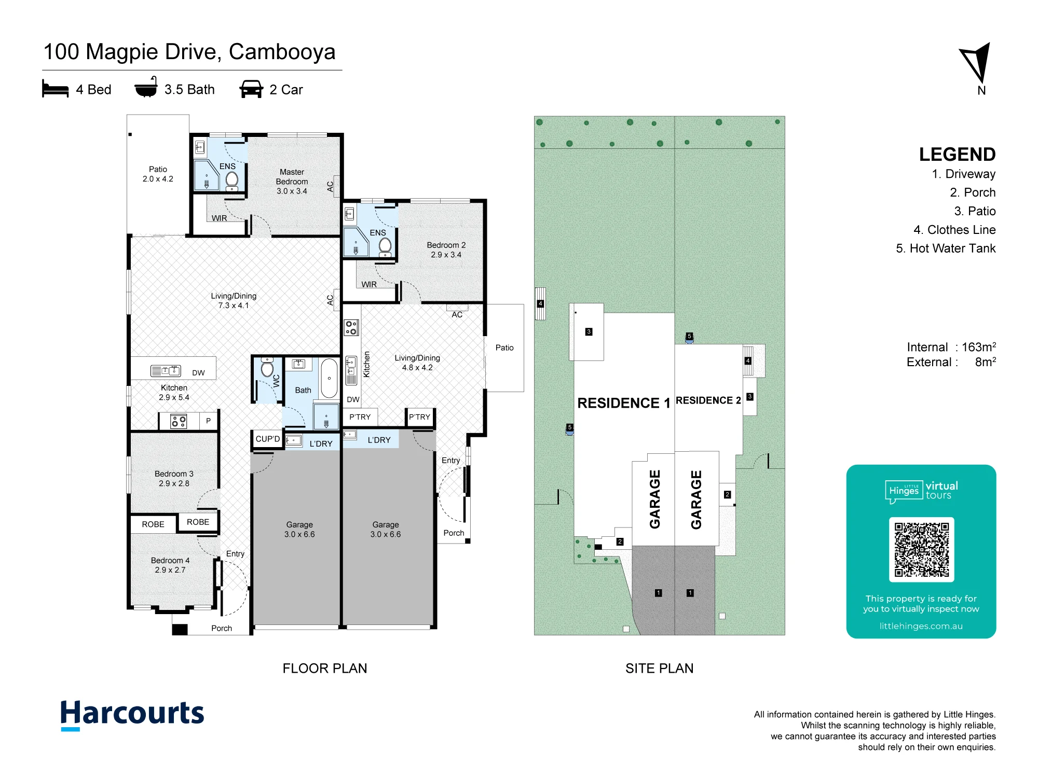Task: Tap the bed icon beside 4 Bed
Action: tap(55, 89)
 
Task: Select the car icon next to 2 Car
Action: tap(251, 89)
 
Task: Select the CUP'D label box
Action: tap(268, 439)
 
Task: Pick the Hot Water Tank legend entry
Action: tap(946, 248)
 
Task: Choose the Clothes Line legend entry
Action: tap(954, 230)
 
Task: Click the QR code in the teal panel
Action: tap(921, 549)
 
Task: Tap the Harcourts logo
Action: tap(132, 714)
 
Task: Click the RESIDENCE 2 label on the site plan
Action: tap(708, 400)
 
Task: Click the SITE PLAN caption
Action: tap(659, 668)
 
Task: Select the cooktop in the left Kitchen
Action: tap(179, 421)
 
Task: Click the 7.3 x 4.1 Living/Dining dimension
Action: tap(234, 305)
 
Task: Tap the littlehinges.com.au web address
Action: tap(921, 626)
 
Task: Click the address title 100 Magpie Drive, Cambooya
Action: tap(189, 51)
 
